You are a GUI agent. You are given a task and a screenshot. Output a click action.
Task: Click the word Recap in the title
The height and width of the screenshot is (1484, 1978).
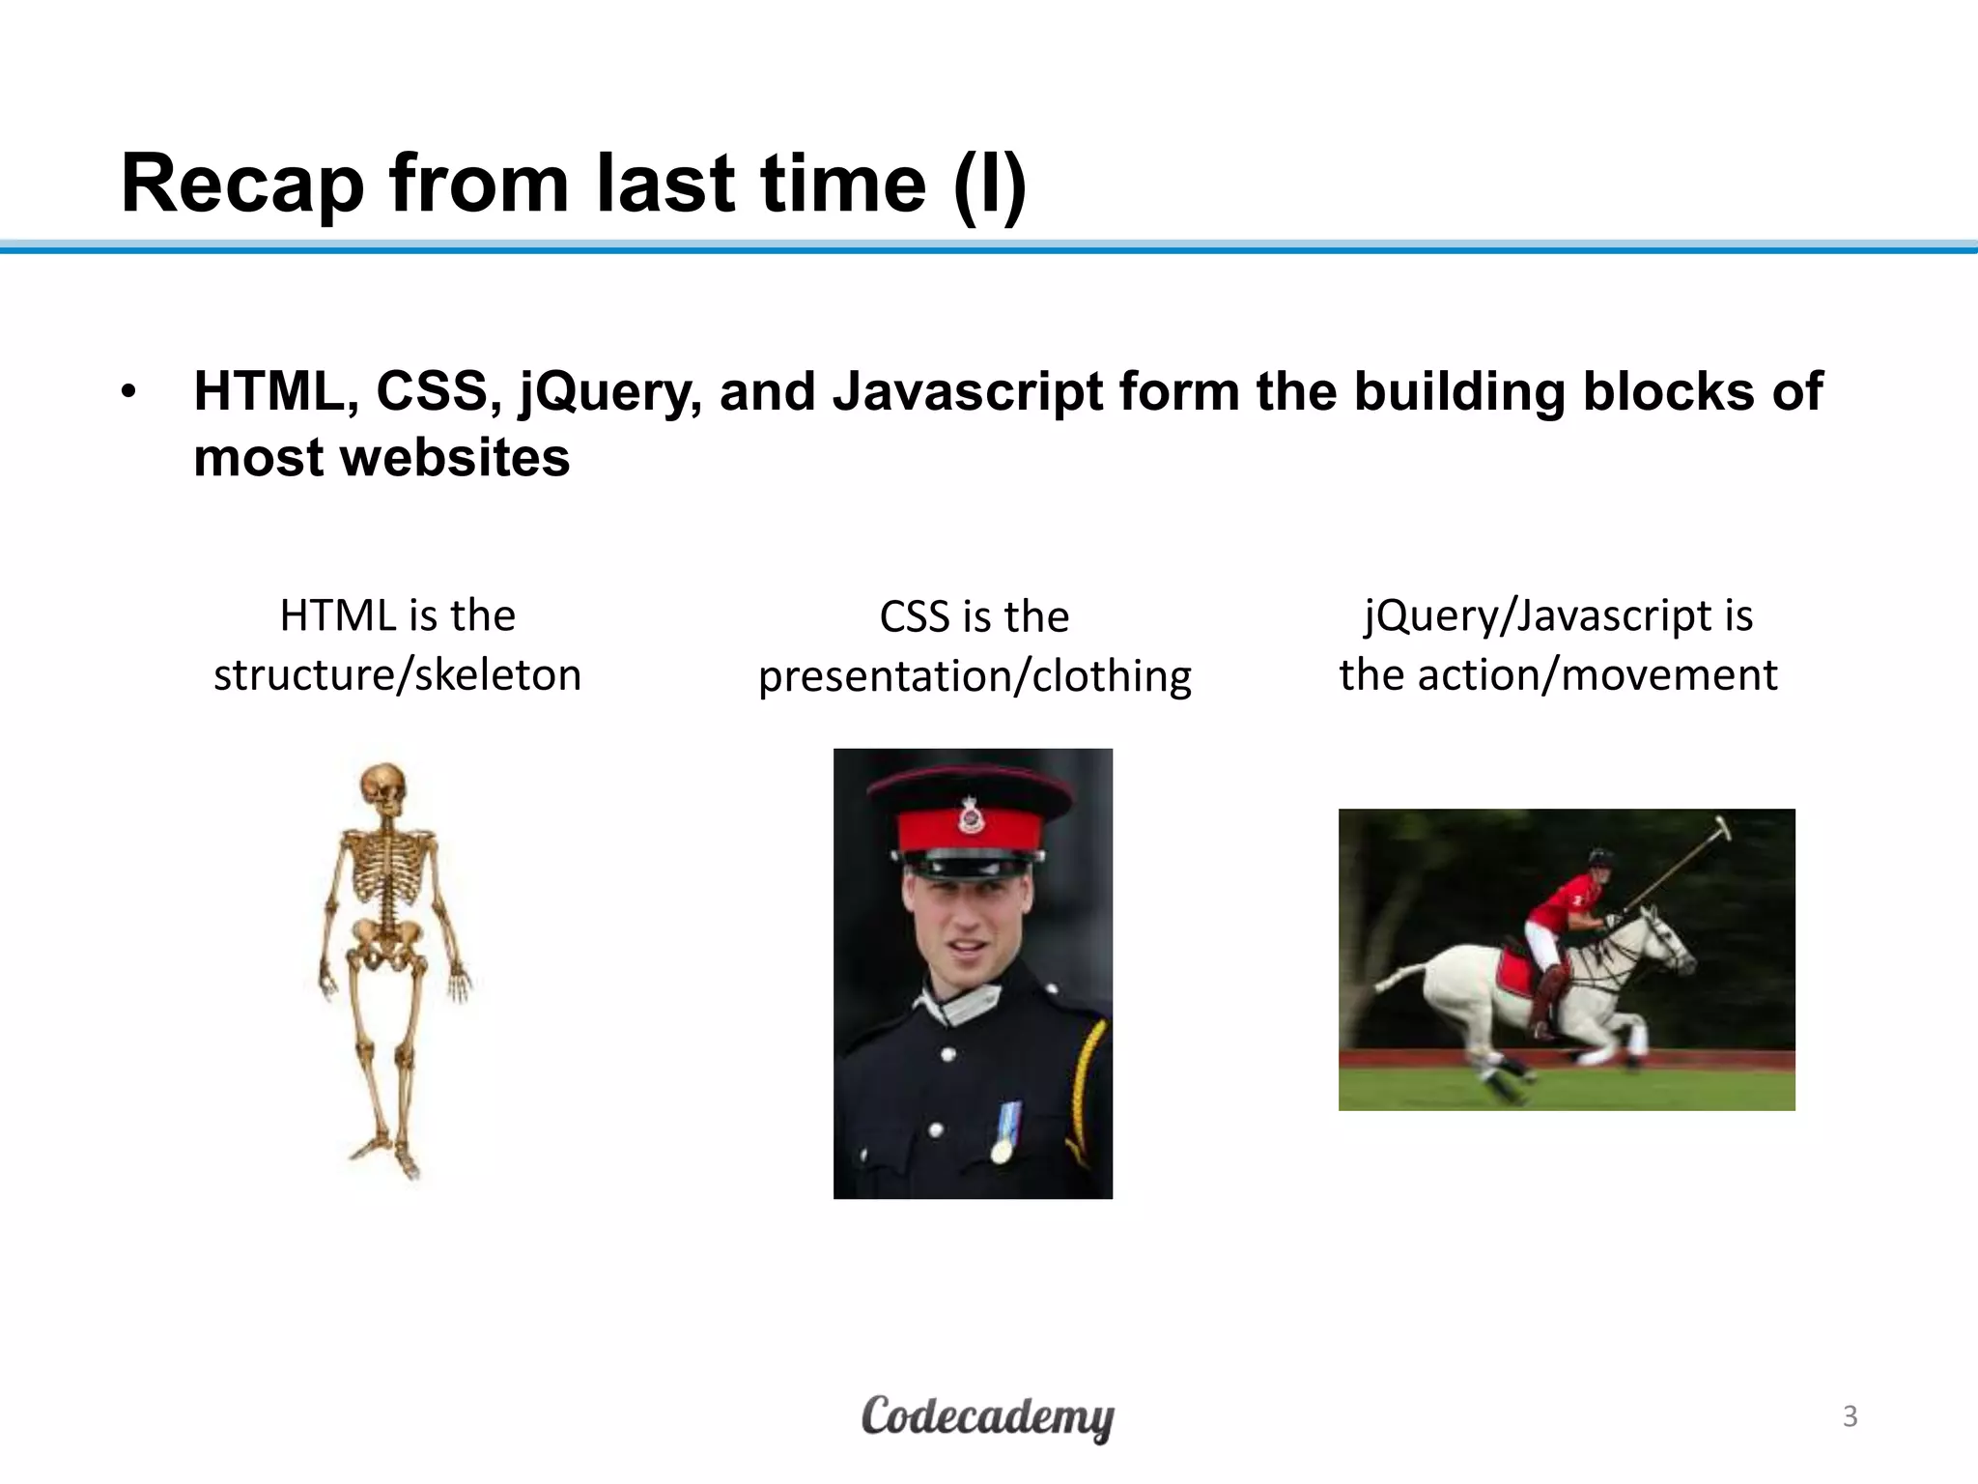point(241,185)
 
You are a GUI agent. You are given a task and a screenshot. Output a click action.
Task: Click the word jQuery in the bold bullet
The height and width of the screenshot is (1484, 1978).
point(609,393)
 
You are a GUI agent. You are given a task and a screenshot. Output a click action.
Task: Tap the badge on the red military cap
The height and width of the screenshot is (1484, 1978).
point(971,817)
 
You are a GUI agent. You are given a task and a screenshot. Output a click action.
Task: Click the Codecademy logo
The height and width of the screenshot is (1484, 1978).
point(987,1417)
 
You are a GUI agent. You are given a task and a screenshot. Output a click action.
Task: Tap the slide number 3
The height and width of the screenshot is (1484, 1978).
point(1850,1416)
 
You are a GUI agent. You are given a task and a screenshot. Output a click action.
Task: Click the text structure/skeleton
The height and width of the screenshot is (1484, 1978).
point(397,675)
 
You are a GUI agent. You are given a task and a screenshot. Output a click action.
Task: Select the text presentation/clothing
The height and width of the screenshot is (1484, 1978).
point(975,676)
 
